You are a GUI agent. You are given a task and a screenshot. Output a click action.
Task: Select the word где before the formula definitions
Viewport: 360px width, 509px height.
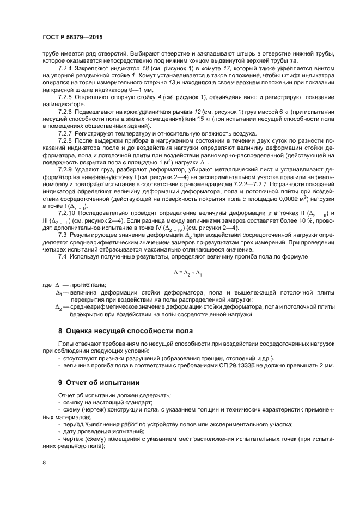pos(47,285)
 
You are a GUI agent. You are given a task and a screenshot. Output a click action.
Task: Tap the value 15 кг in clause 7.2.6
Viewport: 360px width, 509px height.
pos(190,118)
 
